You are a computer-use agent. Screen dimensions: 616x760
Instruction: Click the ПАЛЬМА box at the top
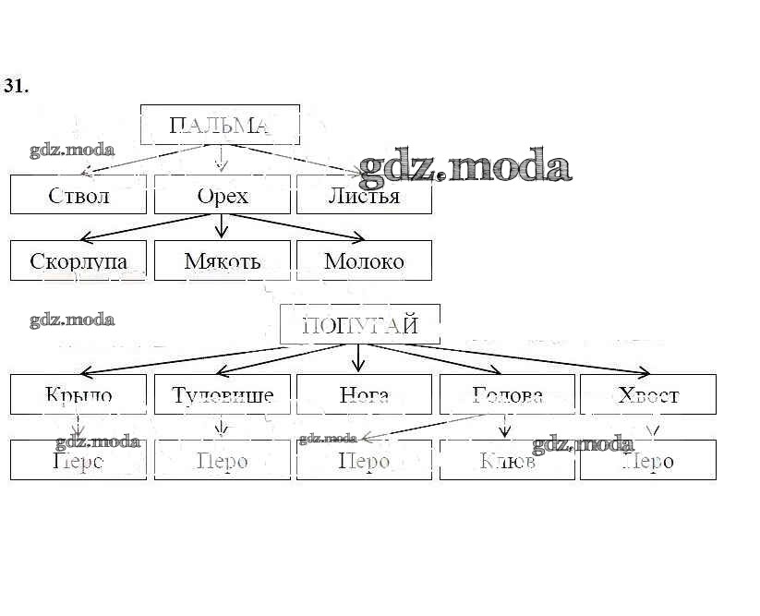(220, 125)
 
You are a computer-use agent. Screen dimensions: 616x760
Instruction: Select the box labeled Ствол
(78, 195)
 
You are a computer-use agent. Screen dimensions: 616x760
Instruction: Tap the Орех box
(222, 195)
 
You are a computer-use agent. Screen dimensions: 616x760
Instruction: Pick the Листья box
(364, 195)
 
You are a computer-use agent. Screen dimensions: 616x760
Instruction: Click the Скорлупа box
(78, 260)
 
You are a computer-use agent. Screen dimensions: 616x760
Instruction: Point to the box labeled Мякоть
(222, 260)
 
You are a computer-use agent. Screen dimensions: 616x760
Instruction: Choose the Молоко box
(364, 260)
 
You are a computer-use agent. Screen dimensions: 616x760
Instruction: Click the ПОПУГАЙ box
(360, 324)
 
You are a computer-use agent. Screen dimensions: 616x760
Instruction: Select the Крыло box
(78, 394)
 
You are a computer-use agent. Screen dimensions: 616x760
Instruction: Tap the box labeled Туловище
(223, 394)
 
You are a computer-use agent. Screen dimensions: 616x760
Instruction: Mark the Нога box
(364, 394)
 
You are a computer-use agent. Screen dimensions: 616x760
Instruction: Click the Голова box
(507, 394)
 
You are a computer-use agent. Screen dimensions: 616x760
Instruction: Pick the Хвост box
(648, 394)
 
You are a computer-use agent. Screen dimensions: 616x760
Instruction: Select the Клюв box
(507, 460)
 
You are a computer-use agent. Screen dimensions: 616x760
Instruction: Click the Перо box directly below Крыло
(78, 460)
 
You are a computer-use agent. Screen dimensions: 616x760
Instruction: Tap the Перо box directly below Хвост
(648, 460)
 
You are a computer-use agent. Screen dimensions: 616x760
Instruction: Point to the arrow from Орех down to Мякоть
(221, 227)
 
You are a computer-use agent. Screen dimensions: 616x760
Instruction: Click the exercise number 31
(16, 86)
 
